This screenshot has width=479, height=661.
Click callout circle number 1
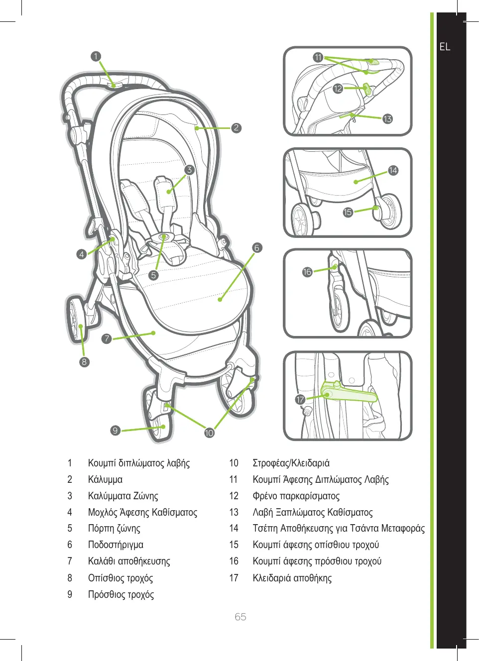(96, 57)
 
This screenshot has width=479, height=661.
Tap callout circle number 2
(237, 128)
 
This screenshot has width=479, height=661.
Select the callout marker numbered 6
(257, 248)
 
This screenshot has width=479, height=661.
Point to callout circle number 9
(116, 431)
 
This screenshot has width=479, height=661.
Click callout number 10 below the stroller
(209, 433)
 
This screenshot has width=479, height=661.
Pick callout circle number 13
(387, 119)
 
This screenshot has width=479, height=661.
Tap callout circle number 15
(348, 213)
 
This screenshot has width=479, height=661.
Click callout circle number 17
(300, 400)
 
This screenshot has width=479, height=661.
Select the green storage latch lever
(351, 394)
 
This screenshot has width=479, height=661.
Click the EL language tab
(445, 47)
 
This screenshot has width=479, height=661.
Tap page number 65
(240, 617)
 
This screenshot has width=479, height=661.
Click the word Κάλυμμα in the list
(105, 480)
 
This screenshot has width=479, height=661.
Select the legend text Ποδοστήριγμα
(116, 545)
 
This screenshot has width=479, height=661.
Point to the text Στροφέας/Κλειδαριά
(291, 463)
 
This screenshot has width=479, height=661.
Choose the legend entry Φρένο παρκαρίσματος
(296, 496)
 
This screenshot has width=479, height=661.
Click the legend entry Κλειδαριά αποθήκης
(292, 578)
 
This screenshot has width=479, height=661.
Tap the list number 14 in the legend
(234, 529)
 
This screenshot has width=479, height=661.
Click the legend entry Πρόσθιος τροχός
(120, 595)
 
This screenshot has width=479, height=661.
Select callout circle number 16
(307, 272)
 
